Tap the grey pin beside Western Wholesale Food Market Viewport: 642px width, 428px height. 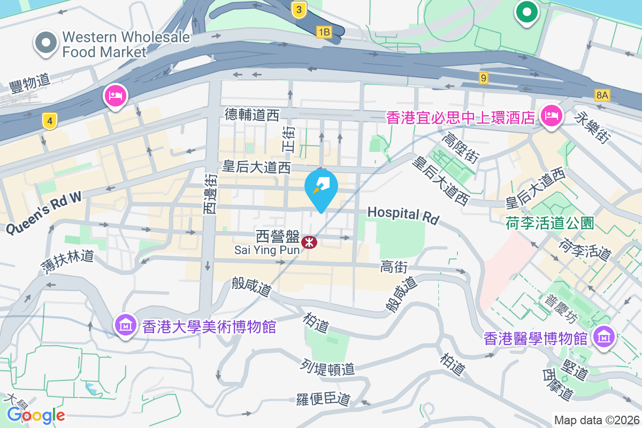coord(46,43)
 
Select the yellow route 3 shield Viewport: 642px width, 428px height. coord(299,9)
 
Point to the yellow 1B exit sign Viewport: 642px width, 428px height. coord(324,32)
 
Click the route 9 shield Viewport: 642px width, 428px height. coord(484,78)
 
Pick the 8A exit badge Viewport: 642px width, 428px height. coord(602,95)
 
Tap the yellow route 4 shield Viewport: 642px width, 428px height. coord(49,122)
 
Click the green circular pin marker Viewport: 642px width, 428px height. coord(526,11)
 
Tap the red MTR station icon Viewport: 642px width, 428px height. coord(309,242)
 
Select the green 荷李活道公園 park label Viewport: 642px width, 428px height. coord(549,223)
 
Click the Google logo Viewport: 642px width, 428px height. coord(36,415)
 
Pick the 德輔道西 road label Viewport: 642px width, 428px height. coord(252,114)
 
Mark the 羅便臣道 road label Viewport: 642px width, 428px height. coord(323,399)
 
